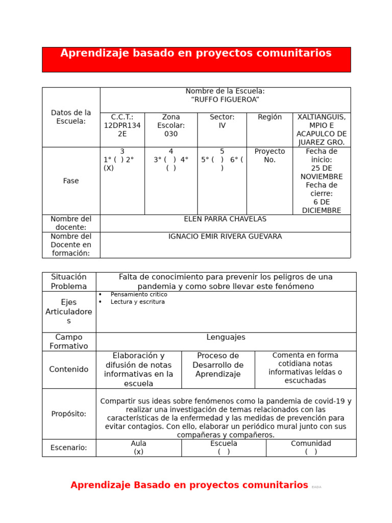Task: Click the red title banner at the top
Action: pos(196,59)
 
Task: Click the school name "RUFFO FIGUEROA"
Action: pos(225,100)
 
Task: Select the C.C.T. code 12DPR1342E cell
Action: pos(122,126)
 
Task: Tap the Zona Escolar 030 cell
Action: pos(171,126)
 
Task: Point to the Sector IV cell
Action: pos(222,121)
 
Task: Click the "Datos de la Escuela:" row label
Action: pos(71,117)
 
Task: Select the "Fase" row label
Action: pos(71,181)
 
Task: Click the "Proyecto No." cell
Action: pos(269,155)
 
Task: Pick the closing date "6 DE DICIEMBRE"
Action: pos(322,206)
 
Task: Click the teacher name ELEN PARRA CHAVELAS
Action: pos(225,219)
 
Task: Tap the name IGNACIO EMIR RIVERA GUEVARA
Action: pos(225,236)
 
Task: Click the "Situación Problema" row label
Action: pos(69,281)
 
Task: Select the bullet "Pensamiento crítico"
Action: pos(139,295)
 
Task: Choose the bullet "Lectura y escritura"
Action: pos(137,302)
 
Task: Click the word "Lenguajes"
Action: pos(226,337)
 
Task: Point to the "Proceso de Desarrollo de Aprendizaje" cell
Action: pos(218,365)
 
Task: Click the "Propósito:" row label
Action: pos(69,414)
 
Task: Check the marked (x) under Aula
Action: pos(138,451)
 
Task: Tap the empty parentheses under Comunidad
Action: pos(311,451)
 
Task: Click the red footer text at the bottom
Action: pos(189,485)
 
